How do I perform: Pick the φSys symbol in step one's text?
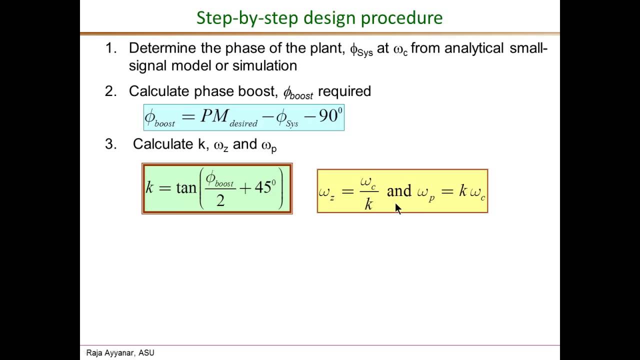click(361, 49)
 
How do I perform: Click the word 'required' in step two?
click(344, 91)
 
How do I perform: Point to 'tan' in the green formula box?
click(186, 188)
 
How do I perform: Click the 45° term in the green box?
click(265, 187)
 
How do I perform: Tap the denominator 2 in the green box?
click(220, 200)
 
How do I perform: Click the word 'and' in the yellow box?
click(399, 191)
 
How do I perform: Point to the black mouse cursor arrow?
click(398, 208)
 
